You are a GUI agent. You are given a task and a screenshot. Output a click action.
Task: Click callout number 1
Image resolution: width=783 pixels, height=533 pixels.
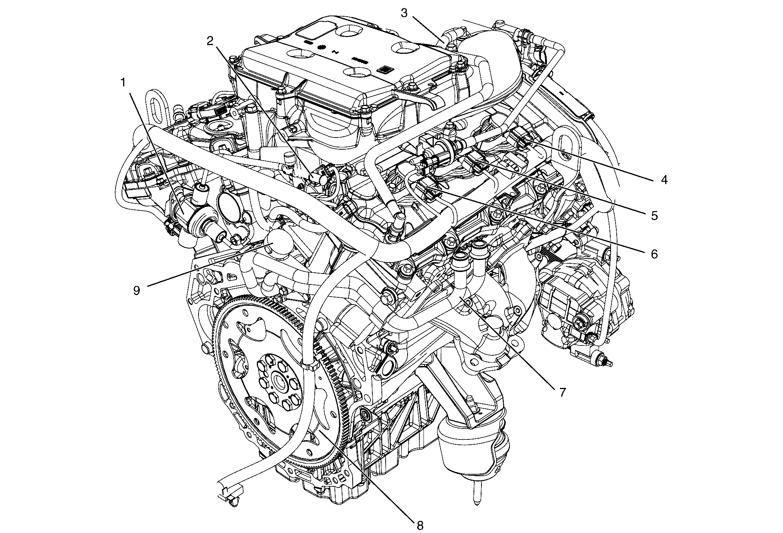123,83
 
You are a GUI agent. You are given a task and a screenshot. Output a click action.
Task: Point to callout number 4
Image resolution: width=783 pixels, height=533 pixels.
663,180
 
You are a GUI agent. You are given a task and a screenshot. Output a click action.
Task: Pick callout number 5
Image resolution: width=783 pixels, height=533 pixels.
654,216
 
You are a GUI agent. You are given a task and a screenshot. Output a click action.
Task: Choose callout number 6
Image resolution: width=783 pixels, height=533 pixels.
654,253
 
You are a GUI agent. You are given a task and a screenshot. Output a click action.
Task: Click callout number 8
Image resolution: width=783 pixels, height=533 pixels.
419,525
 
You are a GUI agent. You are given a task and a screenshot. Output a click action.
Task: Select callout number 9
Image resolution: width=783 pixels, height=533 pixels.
136,291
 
